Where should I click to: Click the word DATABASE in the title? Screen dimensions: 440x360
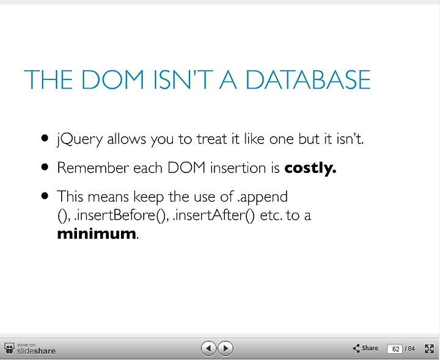coord(308,79)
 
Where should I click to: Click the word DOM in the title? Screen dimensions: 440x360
coord(113,79)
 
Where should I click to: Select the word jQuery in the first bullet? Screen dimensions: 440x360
coord(79,139)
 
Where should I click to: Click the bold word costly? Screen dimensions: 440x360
coord(310,168)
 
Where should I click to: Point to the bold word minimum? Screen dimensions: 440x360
coord(97,233)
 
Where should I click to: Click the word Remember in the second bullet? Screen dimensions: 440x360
coord(93,168)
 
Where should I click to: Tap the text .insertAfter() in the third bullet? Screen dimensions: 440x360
coord(214,216)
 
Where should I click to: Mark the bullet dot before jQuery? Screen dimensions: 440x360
coord(45,138)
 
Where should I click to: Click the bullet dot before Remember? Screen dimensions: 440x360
coord(45,167)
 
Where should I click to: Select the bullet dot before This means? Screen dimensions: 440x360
coord(45,196)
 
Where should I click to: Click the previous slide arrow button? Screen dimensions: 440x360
coord(208,348)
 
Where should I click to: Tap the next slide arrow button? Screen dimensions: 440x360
coord(226,348)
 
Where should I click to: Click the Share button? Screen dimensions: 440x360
coord(365,348)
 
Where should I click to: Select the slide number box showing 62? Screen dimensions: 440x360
coord(395,349)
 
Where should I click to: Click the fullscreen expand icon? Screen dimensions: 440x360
coord(430,349)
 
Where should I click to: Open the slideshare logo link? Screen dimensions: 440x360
coord(30,348)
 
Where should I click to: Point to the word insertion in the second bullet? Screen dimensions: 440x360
coord(238,168)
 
